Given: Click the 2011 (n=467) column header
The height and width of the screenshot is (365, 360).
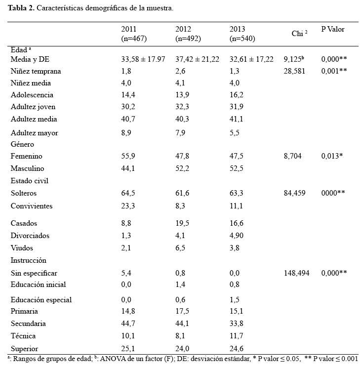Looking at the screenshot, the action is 134,34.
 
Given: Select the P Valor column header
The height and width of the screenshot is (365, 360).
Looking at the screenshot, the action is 333,29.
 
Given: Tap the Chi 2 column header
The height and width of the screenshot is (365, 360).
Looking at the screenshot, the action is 299,34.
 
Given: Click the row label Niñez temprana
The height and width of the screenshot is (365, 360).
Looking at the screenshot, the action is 36,71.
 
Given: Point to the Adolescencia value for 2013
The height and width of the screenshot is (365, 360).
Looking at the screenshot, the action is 237,95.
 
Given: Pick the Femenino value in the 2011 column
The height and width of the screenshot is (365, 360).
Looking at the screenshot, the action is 128,156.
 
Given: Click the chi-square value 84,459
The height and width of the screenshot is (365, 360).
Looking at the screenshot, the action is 294,193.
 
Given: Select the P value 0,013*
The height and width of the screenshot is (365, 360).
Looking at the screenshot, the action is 332,156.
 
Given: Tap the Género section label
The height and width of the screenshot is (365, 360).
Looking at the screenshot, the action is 22,144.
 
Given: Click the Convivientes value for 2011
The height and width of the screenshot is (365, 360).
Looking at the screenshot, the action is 128,206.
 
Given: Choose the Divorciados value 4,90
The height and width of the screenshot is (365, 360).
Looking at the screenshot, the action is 237,235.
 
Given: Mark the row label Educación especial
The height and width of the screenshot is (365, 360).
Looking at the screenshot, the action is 41,300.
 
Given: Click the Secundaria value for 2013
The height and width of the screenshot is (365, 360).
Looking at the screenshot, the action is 237,324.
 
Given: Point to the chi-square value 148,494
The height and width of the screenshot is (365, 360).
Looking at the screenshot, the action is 296,273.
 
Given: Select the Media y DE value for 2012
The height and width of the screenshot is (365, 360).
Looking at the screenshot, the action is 198,59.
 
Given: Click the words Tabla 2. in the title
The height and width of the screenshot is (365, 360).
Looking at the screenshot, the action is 21,8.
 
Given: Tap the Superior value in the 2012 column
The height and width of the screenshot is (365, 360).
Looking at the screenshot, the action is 182,349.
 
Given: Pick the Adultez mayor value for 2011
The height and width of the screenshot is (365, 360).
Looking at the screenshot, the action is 126,133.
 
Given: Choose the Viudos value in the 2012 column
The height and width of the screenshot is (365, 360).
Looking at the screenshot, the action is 180,247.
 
